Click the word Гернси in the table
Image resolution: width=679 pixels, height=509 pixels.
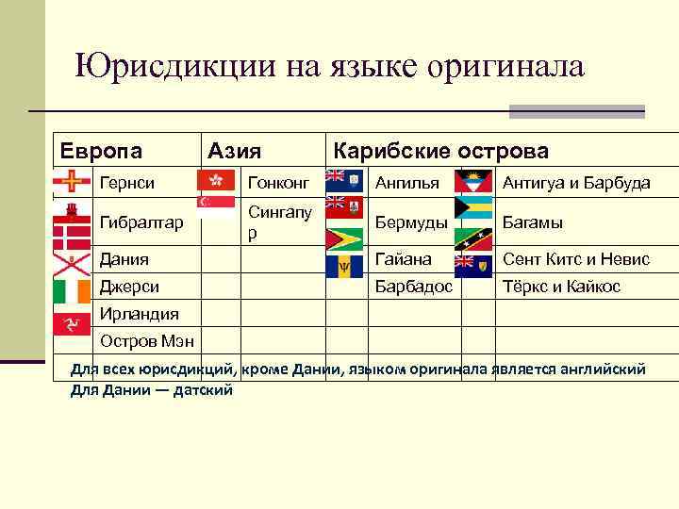click(x=127, y=182)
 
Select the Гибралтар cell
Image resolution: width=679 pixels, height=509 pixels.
click(x=141, y=222)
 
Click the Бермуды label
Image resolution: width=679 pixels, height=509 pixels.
click(x=409, y=222)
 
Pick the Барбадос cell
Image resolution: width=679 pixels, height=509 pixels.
click(x=414, y=286)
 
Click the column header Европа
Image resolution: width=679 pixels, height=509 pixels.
click(x=101, y=151)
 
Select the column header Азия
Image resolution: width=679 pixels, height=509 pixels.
click(x=235, y=151)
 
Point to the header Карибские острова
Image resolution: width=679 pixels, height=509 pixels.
click(x=439, y=151)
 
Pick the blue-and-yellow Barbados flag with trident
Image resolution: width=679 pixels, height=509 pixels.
click(x=343, y=267)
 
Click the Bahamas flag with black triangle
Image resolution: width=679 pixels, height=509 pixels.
click(x=473, y=207)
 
